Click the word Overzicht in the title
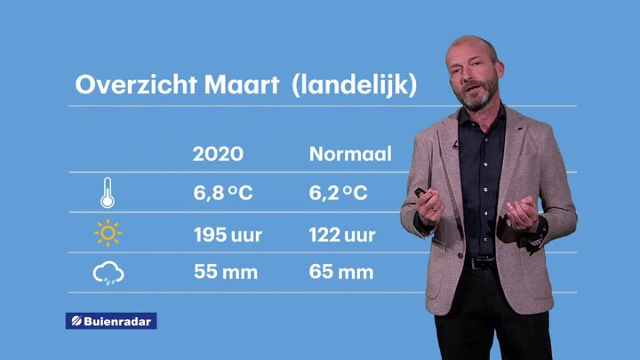tap(136, 85)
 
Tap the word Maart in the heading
tap(242, 85)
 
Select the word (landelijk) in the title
tap(355, 85)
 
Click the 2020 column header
tap(218, 154)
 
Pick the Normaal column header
tap(350, 154)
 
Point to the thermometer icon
tap(108, 193)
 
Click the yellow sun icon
tap(108, 233)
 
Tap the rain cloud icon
tap(108, 273)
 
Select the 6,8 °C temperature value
tap(223, 193)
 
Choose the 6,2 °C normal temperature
tap(338, 193)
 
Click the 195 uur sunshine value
tap(228, 235)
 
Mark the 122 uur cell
tap(342, 235)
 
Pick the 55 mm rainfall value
tap(226, 272)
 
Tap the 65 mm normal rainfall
tap(340, 272)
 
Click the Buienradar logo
tap(111, 321)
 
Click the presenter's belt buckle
tap(481, 263)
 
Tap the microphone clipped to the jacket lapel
tap(456, 145)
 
